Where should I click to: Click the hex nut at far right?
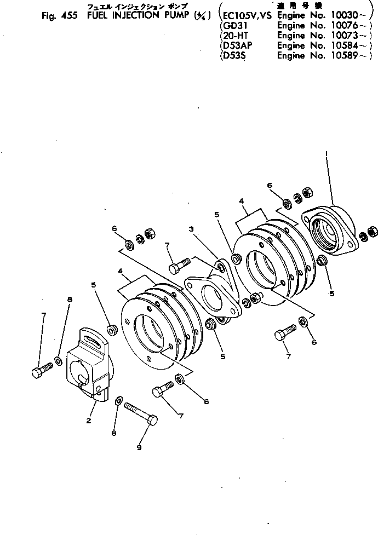tap(372, 232)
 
